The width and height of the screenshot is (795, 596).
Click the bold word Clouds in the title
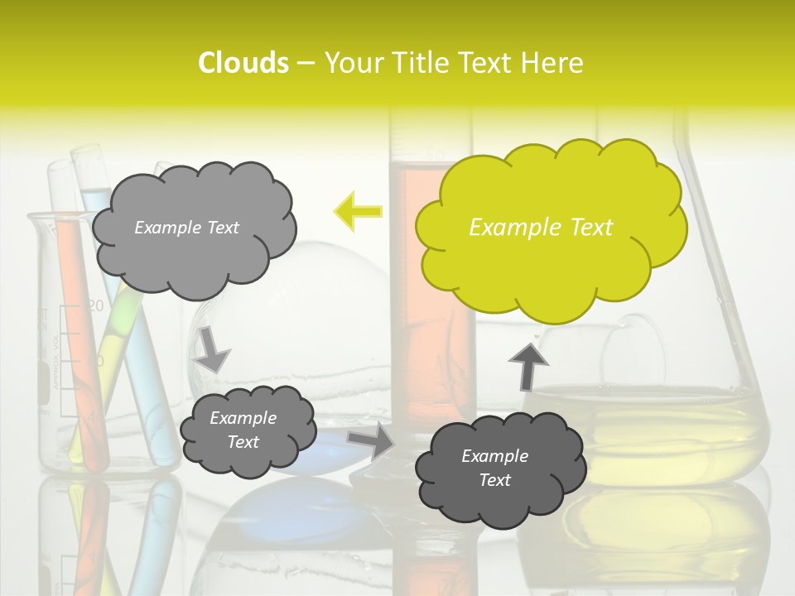(243, 63)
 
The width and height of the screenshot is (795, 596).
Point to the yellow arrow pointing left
(358, 212)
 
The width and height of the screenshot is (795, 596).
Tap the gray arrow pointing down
(213, 348)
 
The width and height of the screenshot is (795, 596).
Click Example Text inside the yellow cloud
(541, 228)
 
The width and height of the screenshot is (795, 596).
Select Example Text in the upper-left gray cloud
(186, 228)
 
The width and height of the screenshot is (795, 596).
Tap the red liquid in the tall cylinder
(431, 331)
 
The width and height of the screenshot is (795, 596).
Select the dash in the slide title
(306, 63)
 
